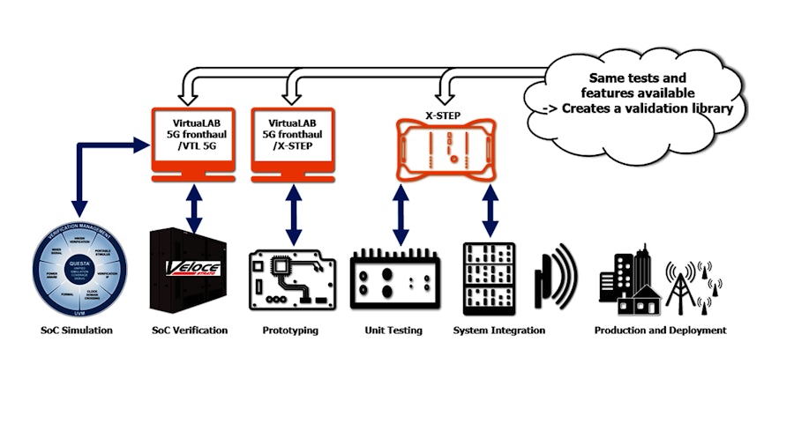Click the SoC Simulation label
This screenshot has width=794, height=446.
77,331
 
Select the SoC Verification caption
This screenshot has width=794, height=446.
189,331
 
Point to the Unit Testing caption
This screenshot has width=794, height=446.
393,331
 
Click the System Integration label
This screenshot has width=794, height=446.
498,331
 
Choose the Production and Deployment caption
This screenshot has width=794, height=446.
660,331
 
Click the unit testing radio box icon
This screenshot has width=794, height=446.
394,279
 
